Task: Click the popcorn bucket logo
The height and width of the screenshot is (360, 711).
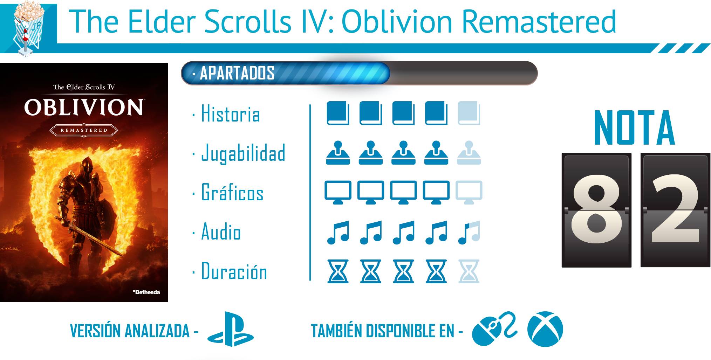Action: (x=28, y=28)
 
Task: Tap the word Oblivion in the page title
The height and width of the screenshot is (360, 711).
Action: (x=397, y=22)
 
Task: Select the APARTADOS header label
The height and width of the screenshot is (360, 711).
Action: (x=237, y=73)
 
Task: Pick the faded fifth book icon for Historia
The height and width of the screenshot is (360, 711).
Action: (x=469, y=113)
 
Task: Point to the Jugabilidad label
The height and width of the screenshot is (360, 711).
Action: (x=243, y=153)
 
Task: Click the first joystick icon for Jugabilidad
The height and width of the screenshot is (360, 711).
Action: (x=338, y=153)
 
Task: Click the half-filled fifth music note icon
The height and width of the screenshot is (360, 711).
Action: (x=469, y=232)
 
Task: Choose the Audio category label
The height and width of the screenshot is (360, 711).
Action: (x=221, y=231)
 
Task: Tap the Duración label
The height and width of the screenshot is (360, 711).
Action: (x=234, y=271)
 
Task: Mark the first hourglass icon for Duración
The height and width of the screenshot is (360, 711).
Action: (x=338, y=271)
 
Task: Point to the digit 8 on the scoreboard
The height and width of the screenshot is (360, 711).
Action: (x=596, y=209)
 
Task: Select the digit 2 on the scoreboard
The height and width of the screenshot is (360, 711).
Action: (x=675, y=208)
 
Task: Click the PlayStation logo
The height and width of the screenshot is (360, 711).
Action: (x=231, y=329)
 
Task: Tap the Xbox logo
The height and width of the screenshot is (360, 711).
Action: (x=545, y=329)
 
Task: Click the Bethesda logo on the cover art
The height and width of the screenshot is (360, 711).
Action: (x=146, y=292)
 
